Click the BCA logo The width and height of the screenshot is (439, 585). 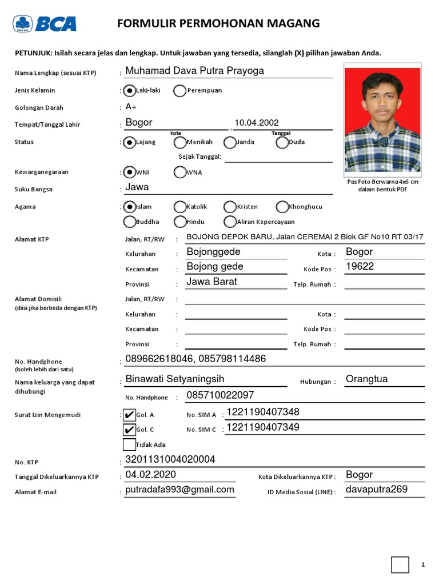45,23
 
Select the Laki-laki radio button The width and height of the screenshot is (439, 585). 129,90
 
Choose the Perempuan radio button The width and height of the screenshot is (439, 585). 179,90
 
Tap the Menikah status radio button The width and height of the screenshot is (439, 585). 179,142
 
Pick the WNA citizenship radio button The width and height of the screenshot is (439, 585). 179,172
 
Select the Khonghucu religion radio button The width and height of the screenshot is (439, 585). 282,207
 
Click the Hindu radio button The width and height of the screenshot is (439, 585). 179,222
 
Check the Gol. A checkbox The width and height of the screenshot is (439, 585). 129,415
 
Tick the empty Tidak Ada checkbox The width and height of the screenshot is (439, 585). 129,444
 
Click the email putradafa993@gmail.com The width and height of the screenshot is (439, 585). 179,490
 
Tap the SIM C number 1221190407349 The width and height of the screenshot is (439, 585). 263,427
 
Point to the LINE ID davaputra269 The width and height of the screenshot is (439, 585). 377,490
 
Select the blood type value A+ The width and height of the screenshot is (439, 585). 131,107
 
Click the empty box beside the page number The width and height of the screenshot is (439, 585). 400,564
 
